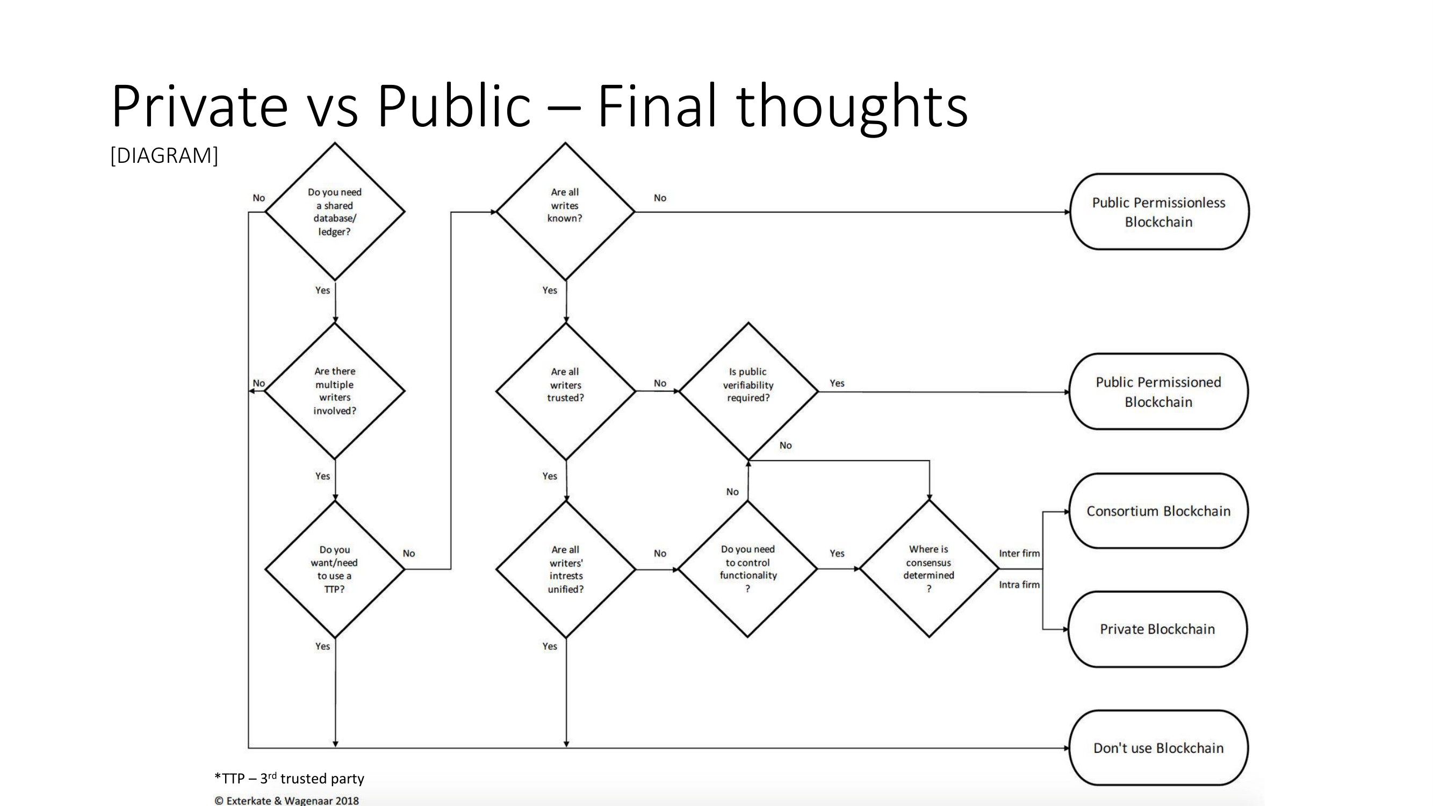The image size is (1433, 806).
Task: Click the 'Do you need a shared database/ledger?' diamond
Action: pos(335,211)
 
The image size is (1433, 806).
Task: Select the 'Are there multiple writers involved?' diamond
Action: pos(335,391)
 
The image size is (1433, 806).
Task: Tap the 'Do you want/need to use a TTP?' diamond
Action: pos(335,569)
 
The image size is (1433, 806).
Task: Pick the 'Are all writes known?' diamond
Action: pos(565,211)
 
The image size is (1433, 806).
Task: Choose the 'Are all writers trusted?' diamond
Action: pos(566,391)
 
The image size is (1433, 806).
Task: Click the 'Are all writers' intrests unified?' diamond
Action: pos(566,569)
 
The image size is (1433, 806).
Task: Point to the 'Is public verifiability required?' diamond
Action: pos(748,391)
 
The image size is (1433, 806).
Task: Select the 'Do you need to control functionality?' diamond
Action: pos(747,569)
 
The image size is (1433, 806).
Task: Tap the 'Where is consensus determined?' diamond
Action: pos(929,569)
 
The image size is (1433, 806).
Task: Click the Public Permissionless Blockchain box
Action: pos(1159,212)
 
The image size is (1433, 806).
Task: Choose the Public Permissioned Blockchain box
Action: pos(1158,392)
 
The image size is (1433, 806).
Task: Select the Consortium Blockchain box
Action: pos(1158,511)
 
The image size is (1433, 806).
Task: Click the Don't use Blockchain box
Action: pos(1158,748)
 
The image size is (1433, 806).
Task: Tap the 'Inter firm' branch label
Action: pos(1019,553)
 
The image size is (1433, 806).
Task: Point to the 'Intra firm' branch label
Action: pos(1019,585)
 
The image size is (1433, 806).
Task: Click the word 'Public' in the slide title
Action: pos(453,106)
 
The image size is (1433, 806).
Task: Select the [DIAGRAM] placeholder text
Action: pos(164,156)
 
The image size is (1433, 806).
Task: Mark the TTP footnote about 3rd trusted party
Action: pos(289,778)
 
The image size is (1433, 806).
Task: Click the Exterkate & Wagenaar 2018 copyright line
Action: pos(287,801)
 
